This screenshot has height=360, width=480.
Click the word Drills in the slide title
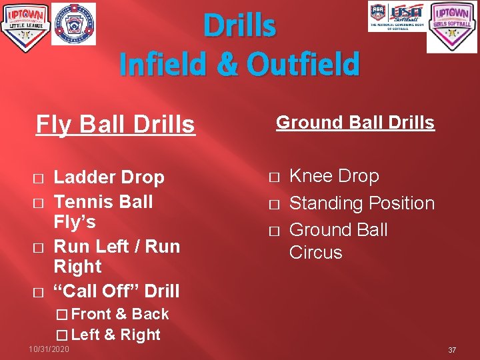pyautogui.click(x=239, y=27)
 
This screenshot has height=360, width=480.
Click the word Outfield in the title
pyautogui.click(x=303, y=65)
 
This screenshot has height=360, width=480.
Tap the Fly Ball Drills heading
pyautogui.click(x=115, y=125)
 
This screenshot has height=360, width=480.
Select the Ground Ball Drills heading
pyautogui.click(x=355, y=123)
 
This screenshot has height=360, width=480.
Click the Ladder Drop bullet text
pyautogui.click(x=109, y=177)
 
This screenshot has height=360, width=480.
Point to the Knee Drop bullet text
pyautogui.click(x=334, y=176)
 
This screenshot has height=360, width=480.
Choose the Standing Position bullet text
pyautogui.click(x=361, y=203)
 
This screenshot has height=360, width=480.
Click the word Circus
pyautogui.click(x=315, y=253)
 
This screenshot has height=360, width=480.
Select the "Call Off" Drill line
pyautogui.click(x=116, y=291)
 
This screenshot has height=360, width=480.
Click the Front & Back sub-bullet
pyautogui.click(x=119, y=314)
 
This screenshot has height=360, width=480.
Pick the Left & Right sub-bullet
pyautogui.click(x=115, y=335)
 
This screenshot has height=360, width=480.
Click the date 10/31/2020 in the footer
pyautogui.click(x=49, y=349)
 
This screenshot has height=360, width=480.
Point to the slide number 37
pyautogui.click(x=452, y=350)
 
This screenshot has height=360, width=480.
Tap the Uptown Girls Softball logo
pyautogui.click(x=452, y=27)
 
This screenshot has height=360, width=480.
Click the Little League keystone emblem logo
pyautogui.click(x=73, y=23)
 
